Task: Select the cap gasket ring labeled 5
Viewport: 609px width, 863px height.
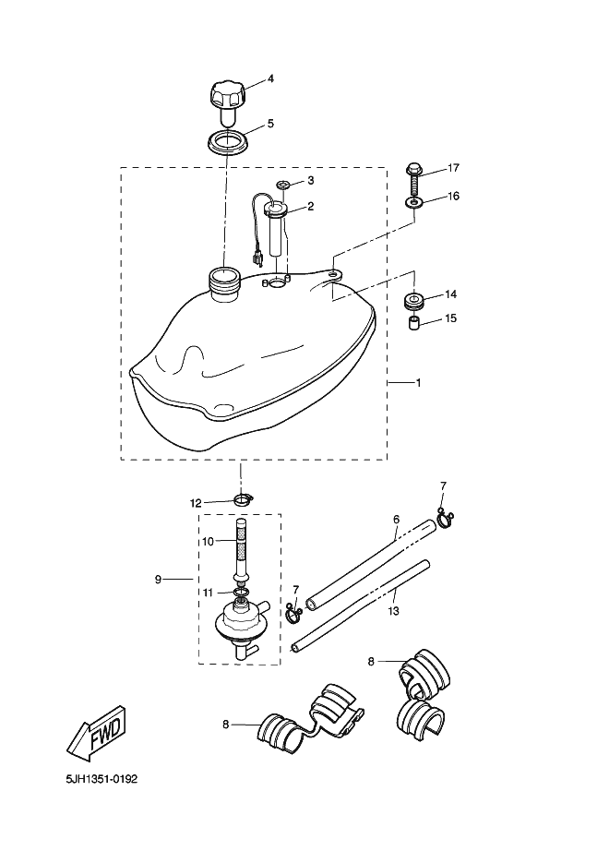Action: (x=226, y=142)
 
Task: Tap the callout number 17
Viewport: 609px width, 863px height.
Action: (x=453, y=168)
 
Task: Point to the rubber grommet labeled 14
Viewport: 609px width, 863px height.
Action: (x=414, y=301)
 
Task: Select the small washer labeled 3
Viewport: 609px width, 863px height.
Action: (x=283, y=184)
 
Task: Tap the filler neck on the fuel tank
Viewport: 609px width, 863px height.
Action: (x=224, y=284)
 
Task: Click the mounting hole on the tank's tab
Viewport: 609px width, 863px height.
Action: (x=334, y=272)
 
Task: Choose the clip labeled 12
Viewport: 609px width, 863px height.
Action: (x=242, y=498)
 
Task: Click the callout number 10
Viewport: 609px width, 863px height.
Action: (x=208, y=542)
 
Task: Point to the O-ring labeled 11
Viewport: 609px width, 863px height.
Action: (x=240, y=592)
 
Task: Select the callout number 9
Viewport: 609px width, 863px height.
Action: (x=158, y=580)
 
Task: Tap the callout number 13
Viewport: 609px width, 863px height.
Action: (x=393, y=611)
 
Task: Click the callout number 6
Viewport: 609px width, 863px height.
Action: (x=396, y=519)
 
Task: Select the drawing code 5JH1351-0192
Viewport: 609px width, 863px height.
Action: (x=101, y=779)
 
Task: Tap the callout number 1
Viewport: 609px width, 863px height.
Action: (x=418, y=382)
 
